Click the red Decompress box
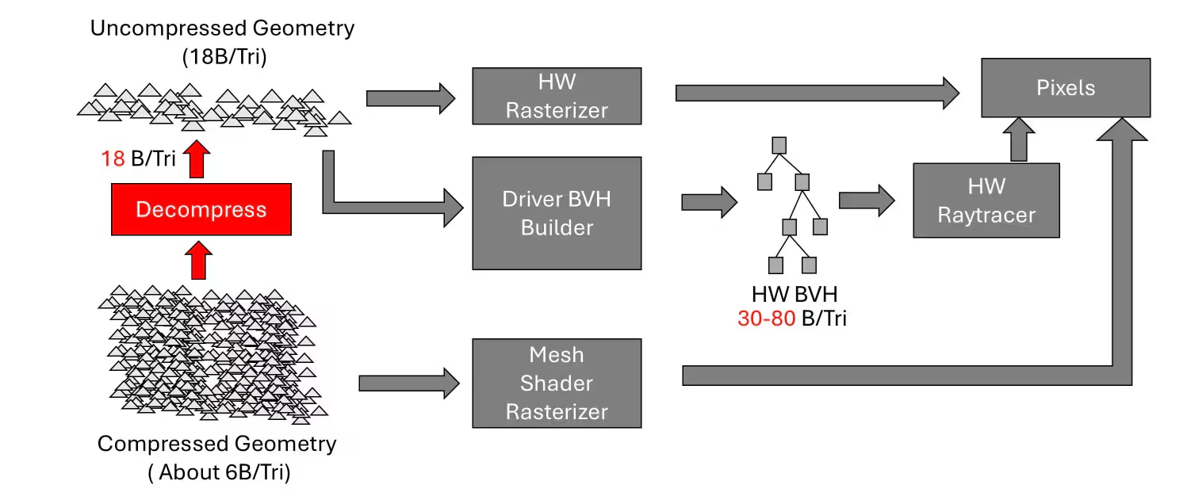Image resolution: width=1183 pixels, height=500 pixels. coord(201,209)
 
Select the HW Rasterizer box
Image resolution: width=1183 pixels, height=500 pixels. coord(557,96)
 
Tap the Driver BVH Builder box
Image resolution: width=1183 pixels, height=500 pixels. coord(557,213)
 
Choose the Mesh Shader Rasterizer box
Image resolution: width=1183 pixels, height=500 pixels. coord(557,384)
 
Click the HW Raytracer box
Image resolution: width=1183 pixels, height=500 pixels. coord(986,200)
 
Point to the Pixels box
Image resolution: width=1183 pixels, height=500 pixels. coord(1066,87)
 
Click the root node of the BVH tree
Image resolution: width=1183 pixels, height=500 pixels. coord(779,146)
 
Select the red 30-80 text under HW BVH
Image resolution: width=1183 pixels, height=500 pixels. coord(766,319)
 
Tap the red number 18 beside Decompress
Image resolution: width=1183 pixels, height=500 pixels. coord(113,158)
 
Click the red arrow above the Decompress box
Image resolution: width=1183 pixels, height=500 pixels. coord(197,160)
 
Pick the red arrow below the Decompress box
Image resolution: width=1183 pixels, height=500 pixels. coord(197,261)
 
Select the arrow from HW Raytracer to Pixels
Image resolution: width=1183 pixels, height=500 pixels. coord(1018,140)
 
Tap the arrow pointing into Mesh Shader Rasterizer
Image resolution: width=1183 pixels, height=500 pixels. coord(408,384)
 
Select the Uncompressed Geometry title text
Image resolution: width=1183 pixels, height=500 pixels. coord(222,29)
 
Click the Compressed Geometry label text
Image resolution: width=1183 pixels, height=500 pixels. coord(217,444)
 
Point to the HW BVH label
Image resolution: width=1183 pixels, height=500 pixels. coord(794,295)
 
